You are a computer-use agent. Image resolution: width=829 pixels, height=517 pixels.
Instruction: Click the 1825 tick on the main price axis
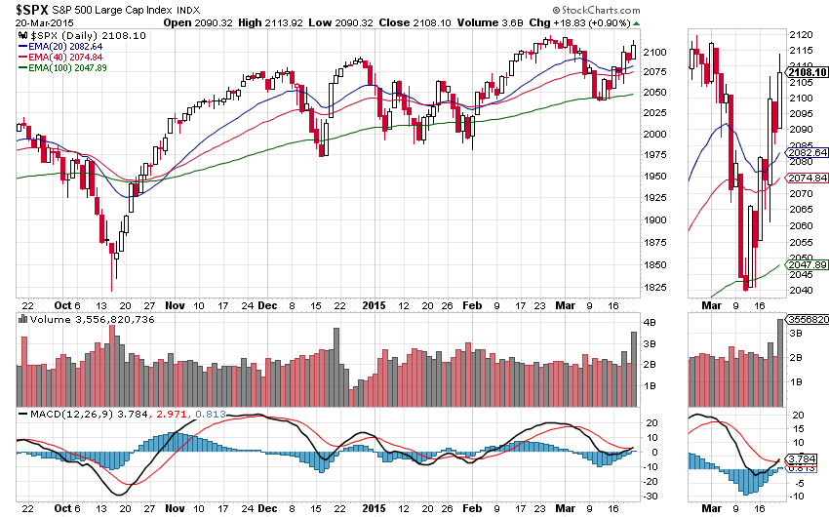(x=655, y=287)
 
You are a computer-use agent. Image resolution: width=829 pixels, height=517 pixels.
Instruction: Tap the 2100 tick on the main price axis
(x=655, y=51)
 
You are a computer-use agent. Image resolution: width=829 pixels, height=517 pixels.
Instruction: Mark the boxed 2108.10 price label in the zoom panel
(x=808, y=71)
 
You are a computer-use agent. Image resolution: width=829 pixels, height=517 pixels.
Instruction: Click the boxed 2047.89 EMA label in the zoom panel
(x=808, y=264)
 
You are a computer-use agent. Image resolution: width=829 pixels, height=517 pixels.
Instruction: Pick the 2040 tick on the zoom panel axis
(x=800, y=290)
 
